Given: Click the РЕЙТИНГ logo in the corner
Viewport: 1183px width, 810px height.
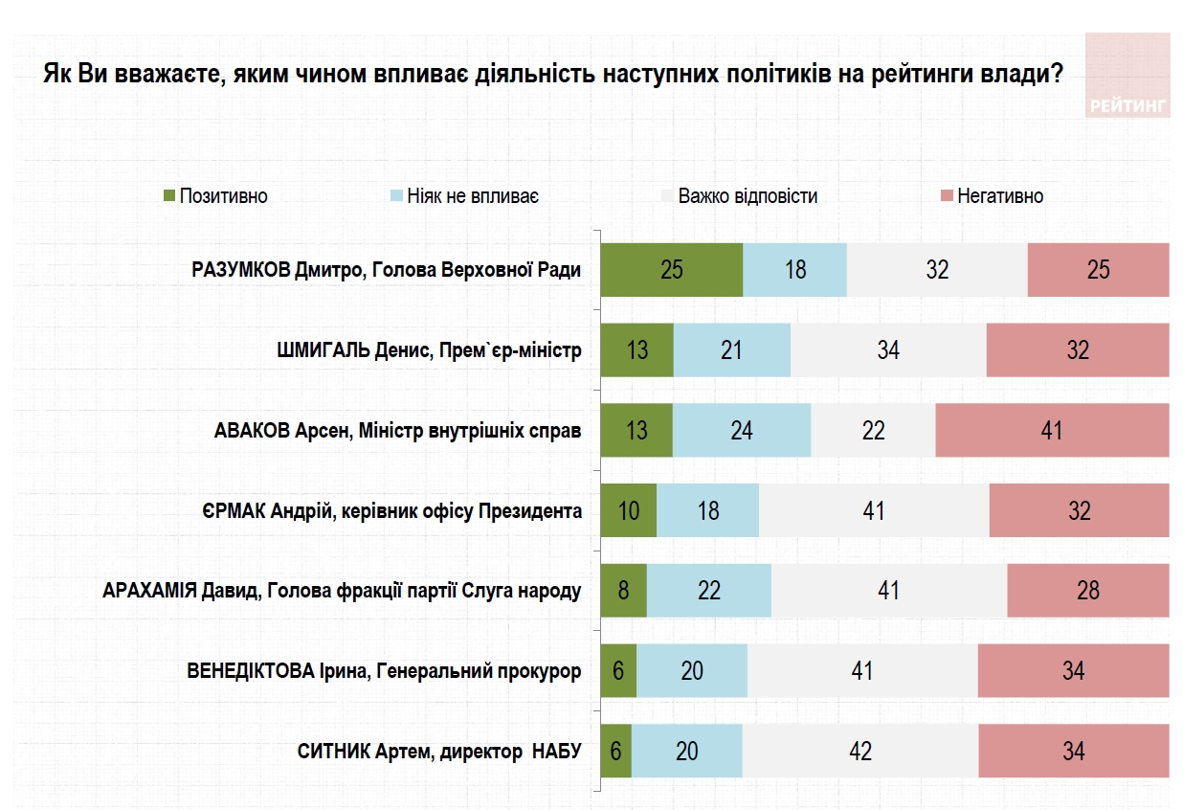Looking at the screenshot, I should (1127, 76).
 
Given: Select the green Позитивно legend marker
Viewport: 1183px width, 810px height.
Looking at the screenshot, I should (169, 196).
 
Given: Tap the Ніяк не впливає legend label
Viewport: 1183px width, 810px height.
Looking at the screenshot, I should (473, 196).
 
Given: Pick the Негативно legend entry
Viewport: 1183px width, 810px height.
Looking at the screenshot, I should (999, 196).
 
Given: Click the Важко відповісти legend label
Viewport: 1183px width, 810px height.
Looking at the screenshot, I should (748, 196).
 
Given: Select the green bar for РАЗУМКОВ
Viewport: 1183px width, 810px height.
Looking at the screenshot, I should (671, 270).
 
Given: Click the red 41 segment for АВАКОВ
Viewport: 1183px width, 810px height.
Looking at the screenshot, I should (1052, 430).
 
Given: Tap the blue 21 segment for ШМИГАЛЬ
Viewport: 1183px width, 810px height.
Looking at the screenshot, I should (731, 349).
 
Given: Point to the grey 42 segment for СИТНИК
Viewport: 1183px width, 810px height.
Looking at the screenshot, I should (859, 751).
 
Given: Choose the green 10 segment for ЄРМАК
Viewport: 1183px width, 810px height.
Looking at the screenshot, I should (629, 510).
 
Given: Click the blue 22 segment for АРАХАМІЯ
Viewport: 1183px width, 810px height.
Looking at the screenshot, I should (708, 591).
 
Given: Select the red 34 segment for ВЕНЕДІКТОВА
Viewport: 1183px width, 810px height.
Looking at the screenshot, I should (1073, 670).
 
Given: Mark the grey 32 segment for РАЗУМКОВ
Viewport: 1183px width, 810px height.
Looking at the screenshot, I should (937, 270).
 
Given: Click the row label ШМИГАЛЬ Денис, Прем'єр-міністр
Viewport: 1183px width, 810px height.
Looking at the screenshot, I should (428, 350).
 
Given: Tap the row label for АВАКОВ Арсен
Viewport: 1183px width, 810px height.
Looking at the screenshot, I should (397, 431).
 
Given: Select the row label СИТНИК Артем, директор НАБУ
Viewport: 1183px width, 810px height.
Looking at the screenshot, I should (439, 752).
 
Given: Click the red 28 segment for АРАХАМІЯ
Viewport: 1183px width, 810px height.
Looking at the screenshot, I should (1087, 591).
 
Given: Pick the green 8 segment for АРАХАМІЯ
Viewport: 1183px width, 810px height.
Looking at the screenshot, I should (623, 591).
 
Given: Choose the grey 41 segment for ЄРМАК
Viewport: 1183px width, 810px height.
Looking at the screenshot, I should (873, 510).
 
